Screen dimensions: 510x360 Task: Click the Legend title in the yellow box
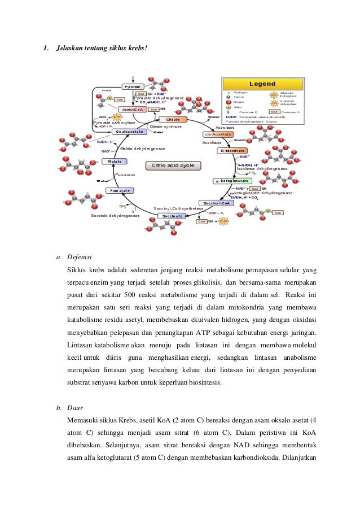(262, 84)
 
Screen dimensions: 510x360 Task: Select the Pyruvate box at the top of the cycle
(133, 86)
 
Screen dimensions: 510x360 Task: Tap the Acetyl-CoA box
(132, 110)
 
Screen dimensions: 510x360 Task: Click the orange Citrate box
(173, 120)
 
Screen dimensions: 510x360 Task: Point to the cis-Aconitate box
(217, 134)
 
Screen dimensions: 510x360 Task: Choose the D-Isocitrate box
(232, 151)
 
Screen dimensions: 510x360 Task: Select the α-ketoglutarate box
(231, 181)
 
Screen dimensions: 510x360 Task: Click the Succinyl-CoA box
(216, 203)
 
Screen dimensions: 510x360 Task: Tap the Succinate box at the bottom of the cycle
(172, 216)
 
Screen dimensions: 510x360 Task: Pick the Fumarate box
(120, 191)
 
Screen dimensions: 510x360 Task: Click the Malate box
(116, 162)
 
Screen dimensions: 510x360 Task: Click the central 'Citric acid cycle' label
(172, 165)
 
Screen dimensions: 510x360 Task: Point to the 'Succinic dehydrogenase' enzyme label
(115, 216)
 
